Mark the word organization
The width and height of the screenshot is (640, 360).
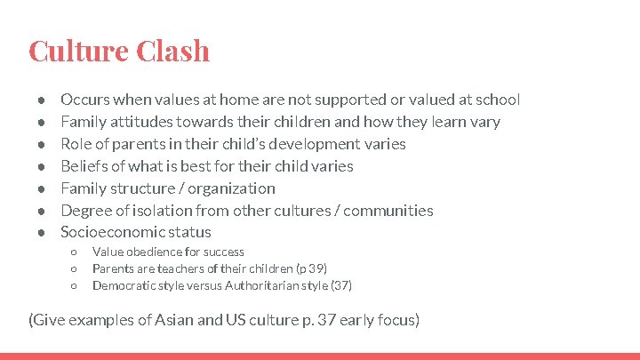click(234, 188)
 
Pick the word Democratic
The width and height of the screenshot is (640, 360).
click(124, 286)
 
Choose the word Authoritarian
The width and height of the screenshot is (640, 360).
click(266, 286)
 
